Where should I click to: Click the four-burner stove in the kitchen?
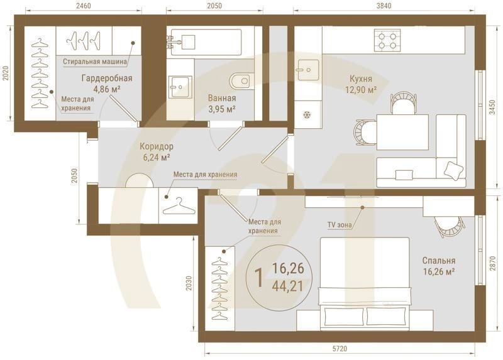point(387,40)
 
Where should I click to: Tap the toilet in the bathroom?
point(241,80)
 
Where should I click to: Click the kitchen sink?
point(308,70)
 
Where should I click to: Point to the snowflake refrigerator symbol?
point(307,114)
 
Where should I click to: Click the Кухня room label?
point(360,79)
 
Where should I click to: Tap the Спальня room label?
point(438,260)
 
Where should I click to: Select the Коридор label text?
point(156,146)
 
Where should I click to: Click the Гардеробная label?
point(107,78)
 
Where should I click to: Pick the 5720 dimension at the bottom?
point(340,349)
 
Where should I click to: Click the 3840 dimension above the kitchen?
point(384,6)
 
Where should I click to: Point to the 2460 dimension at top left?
point(84,6)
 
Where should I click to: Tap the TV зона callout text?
point(340,225)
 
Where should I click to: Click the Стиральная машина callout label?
point(95,61)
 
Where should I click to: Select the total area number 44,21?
point(287,286)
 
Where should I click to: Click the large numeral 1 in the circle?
point(259,277)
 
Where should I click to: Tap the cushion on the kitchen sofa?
point(453,170)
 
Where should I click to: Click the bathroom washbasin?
point(180,87)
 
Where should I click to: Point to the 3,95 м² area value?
point(222,109)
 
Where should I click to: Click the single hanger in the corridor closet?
point(179,207)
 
